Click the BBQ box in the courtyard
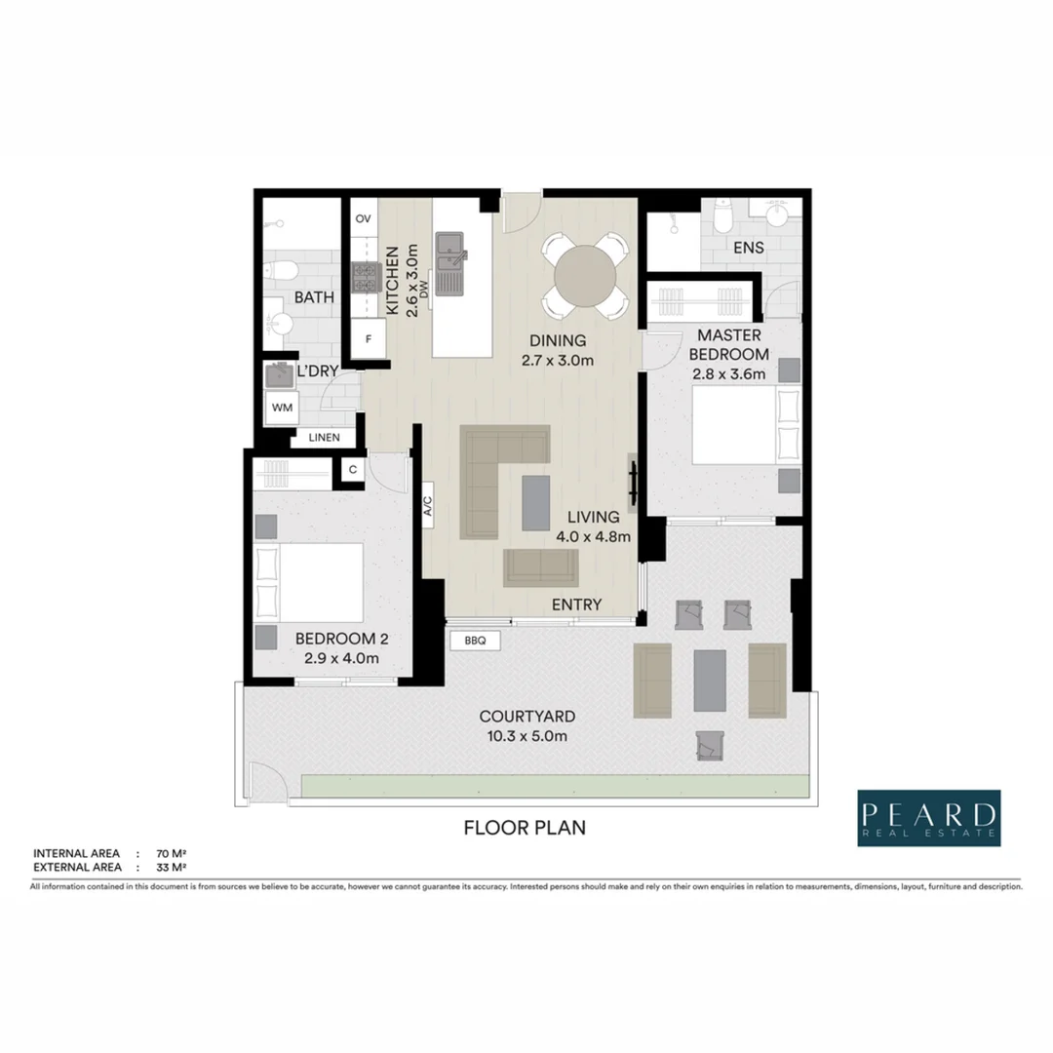(476, 641)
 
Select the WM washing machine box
(282, 406)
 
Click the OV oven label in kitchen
(364, 218)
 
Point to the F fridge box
(369, 340)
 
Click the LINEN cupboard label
(324, 438)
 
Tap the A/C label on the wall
(428, 506)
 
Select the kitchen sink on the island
(450, 261)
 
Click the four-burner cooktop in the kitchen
(365, 279)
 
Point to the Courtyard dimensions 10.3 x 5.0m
(525, 736)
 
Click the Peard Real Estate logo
(929, 818)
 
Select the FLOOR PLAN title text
(525, 829)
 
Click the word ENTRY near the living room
(576, 604)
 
